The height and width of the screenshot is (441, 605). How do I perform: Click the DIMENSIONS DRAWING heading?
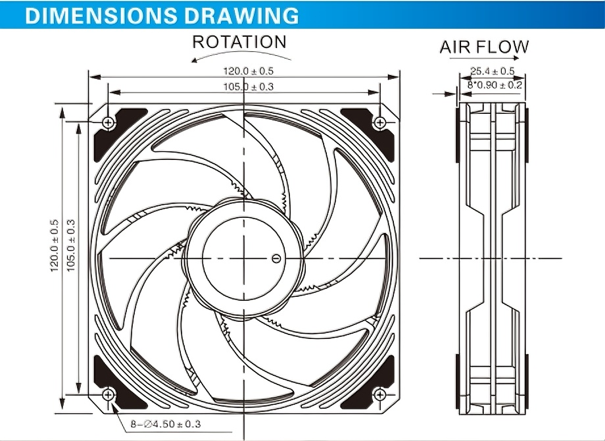click(x=161, y=14)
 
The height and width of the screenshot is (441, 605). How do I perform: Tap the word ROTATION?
click(x=239, y=42)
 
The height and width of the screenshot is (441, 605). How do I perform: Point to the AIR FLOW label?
click(x=484, y=47)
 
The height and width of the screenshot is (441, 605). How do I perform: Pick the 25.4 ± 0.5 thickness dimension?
click(x=492, y=71)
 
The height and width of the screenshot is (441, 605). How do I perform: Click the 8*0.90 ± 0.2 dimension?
click(x=495, y=85)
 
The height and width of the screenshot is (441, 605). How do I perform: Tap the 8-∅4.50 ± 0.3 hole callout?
click(x=165, y=425)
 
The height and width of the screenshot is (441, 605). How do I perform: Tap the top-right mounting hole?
click(x=379, y=122)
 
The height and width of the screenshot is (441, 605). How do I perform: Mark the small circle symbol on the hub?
click(x=276, y=258)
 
